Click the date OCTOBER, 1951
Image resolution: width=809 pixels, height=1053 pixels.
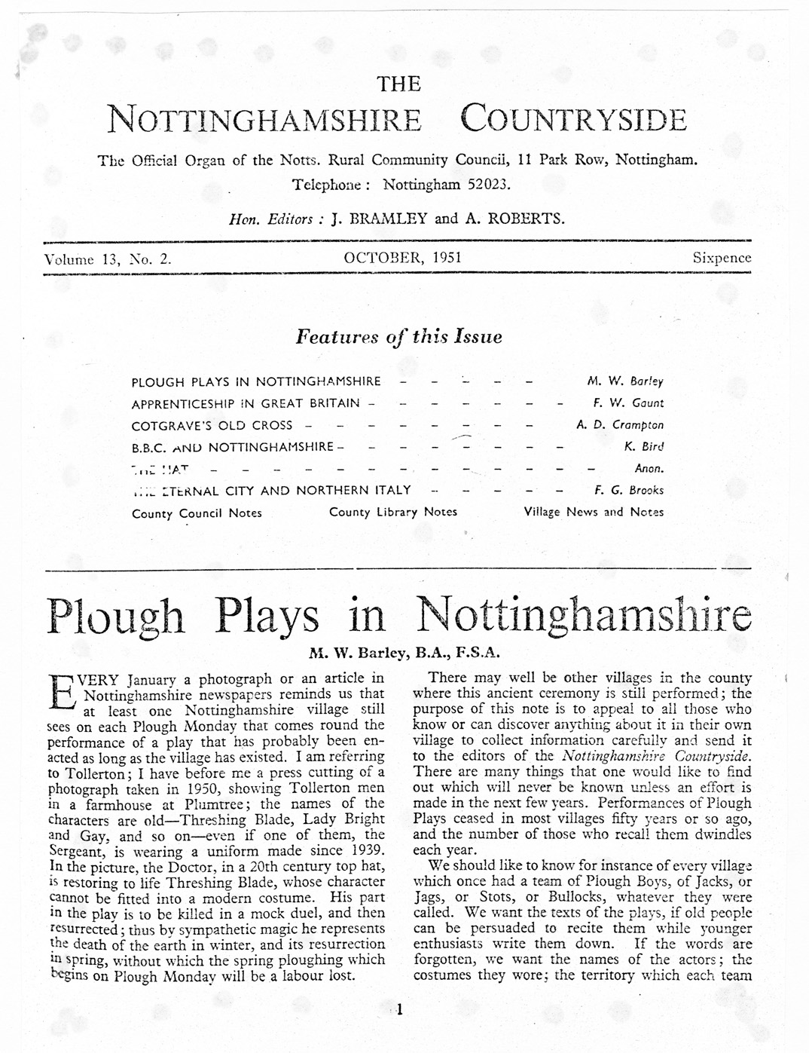click(x=403, y=258)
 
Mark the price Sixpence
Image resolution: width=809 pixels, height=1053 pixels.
click(x=722, y=258)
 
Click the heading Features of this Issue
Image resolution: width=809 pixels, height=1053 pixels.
click(x=399, y=337)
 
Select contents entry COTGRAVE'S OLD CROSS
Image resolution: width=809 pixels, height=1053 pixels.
click(x=212, y=425)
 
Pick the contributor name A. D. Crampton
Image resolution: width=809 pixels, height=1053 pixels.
click(x=620, y=425)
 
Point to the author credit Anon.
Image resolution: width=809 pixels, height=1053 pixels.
click(x=649, y=468)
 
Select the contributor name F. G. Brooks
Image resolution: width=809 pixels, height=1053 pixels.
click(x=629, y=490)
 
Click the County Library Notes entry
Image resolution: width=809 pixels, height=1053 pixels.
click(x=393, y=512)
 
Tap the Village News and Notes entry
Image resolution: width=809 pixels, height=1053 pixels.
click(x=594, y=512)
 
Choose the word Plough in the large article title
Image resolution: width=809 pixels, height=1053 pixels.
click(x=115, y=617)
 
